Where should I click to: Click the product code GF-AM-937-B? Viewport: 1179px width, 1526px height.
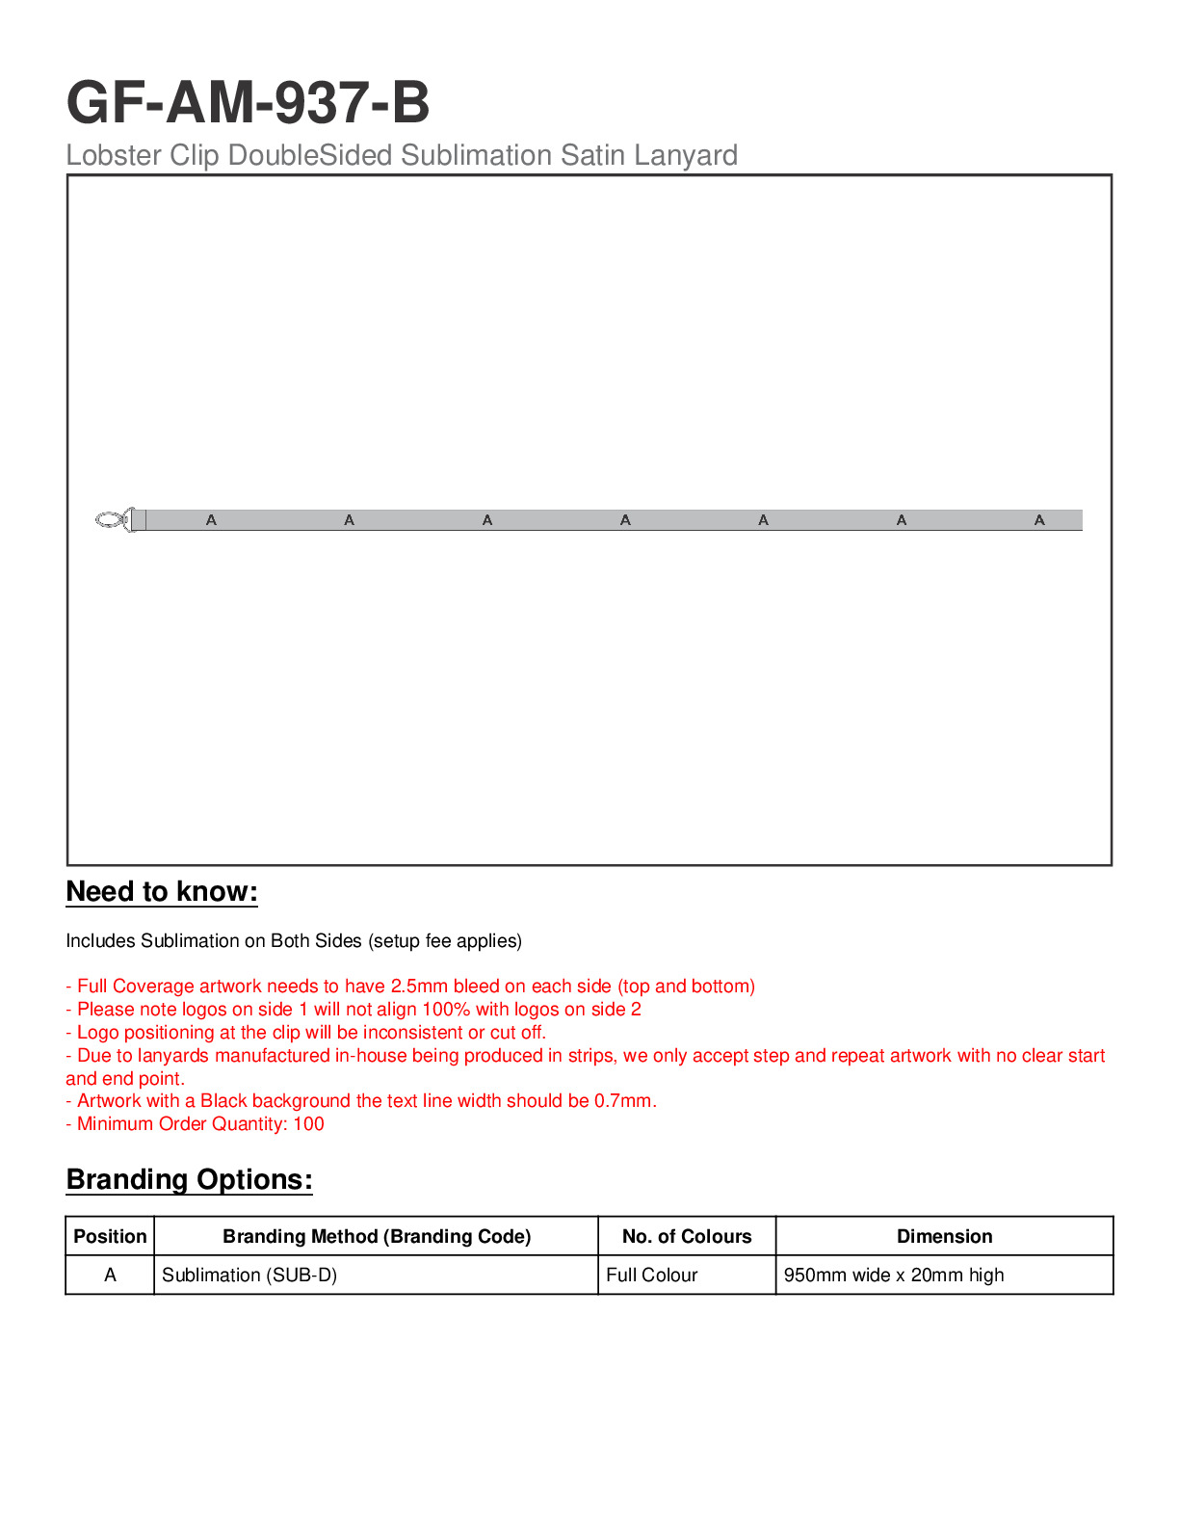click(x=248, y=102)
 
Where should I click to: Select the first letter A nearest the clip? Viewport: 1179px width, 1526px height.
click(x=211, y=520)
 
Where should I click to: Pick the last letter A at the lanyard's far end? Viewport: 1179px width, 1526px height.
click(x=1039, y=520)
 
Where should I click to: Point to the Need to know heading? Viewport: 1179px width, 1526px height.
click(x=162, y=892)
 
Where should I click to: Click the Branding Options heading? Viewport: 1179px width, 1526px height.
click(x=189, y=1180)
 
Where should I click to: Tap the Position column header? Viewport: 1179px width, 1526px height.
click(x=110, y=1236)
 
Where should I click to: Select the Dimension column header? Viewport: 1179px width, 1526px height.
click(x=944, y=1236)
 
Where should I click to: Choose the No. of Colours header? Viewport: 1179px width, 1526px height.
click(x=687, y=1236)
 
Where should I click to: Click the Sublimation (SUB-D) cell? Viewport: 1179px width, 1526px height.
click(x=249, y=1275)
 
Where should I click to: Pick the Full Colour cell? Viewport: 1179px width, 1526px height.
click(x=651, y=1275)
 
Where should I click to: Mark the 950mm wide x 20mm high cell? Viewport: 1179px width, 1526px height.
click(x=893, y=1275)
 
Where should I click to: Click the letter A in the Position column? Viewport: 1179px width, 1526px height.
click(x=110, y=1275)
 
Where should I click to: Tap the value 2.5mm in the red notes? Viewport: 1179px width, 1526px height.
click(x=419, y=986)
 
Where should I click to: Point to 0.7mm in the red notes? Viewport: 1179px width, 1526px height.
click(x=623, y=1100)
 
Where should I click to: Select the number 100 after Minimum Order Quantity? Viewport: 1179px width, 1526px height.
click(x=308, y=1123)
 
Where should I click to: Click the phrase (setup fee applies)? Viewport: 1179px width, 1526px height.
click(x=445, y=940)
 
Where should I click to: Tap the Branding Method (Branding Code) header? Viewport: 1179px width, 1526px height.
click(x=377, y=1236)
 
